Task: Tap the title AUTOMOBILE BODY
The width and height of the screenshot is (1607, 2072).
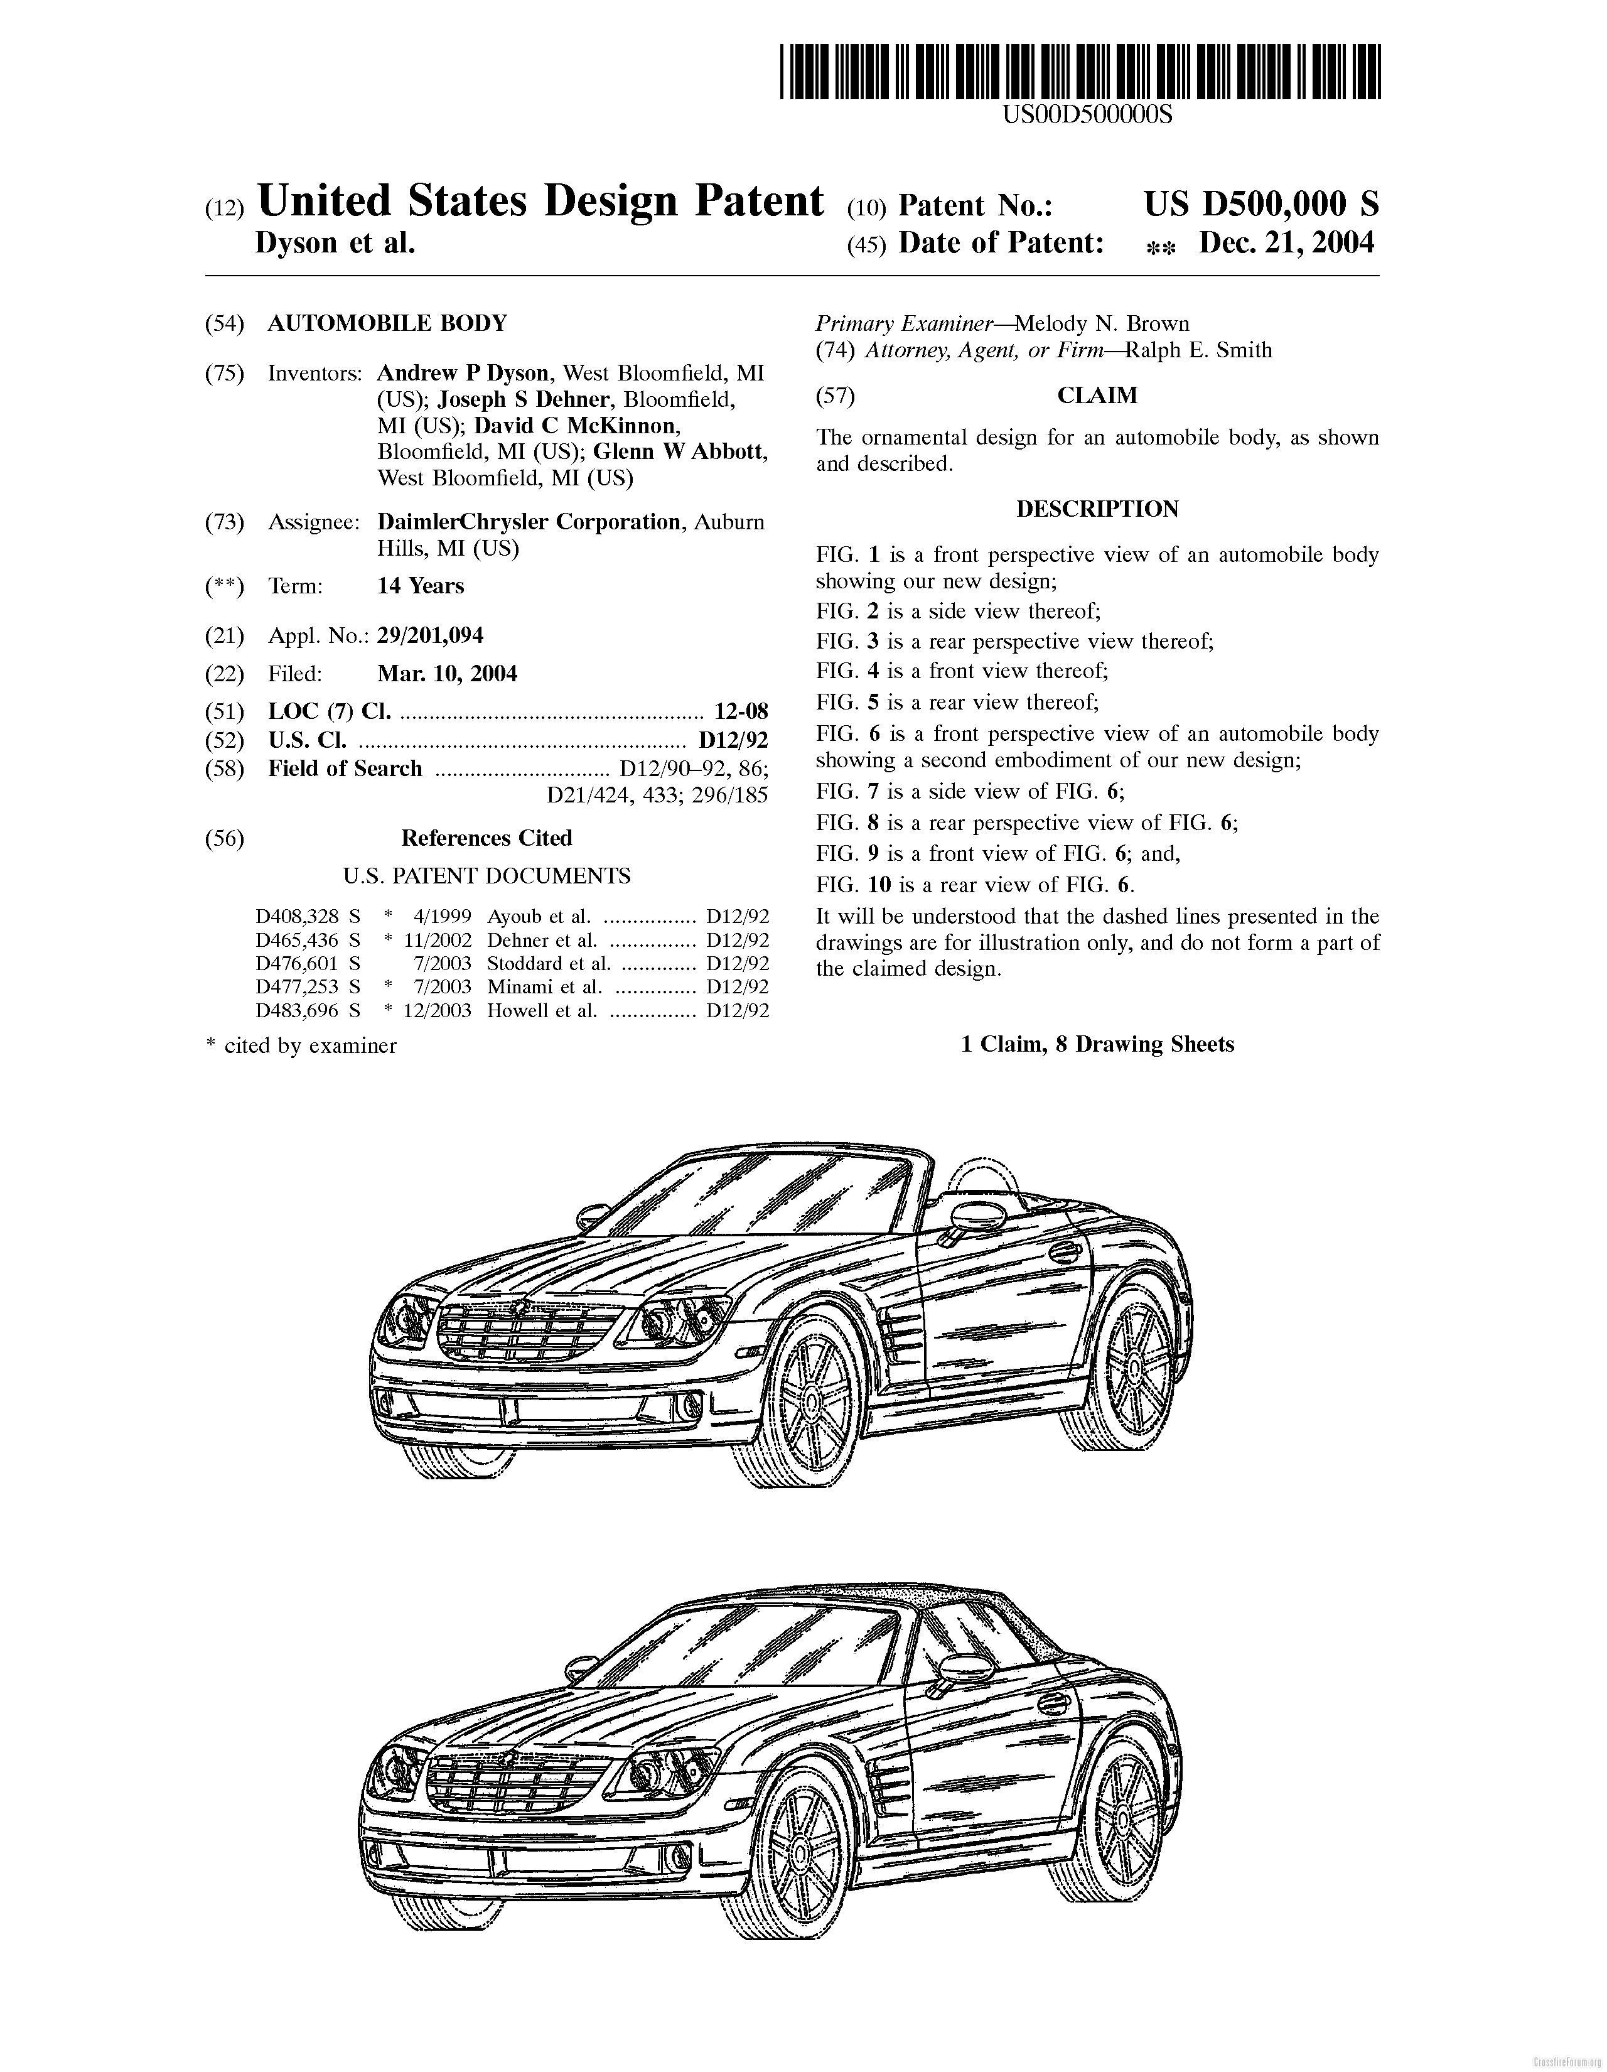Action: pos(387,323)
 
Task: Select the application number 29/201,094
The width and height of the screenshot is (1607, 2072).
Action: pos(430,635)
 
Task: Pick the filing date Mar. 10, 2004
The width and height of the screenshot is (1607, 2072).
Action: pos(447,674)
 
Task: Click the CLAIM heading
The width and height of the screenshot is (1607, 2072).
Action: pos(1097,396)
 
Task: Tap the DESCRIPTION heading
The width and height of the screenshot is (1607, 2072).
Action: pos(1097,509)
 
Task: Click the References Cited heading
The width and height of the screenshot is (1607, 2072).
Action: pos(486,839)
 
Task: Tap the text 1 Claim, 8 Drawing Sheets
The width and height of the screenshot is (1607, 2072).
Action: pos(1097,1045)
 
